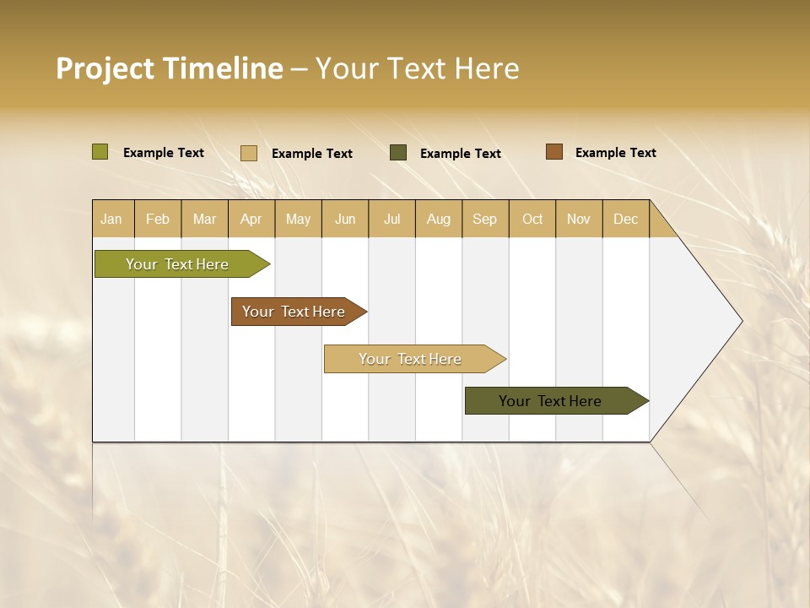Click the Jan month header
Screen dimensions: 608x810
[x=112, y=219]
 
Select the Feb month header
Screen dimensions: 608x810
[x=158, y=219]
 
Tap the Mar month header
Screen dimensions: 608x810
[x=204, y=219]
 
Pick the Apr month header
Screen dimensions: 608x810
[x=251, y=219]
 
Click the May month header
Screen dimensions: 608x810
[x=298, y=219]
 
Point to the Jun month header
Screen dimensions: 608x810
[x=345, y=219]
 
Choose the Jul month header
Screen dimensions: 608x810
[x=391, y=219]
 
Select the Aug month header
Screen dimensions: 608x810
[x=439, y=219]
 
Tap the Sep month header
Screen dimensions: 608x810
[x=485, y=219]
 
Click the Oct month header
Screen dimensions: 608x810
[x=532, y=219]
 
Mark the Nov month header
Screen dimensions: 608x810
[x=579, y=219]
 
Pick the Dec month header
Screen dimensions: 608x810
[x=626, y=219]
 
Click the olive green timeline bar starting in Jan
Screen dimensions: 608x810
[x=178, y=264]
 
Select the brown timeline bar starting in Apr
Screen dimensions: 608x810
[x=294, y=312]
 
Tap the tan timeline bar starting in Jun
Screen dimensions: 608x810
[x=411, y=359]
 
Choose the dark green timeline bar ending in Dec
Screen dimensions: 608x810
[x=551, y=401]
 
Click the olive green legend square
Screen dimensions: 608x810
[x=100, y=152]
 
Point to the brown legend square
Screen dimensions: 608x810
[x=554, y=152]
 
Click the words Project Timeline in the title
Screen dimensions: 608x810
[x=169, y=68]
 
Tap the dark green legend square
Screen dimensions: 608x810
[x=398, y=152]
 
